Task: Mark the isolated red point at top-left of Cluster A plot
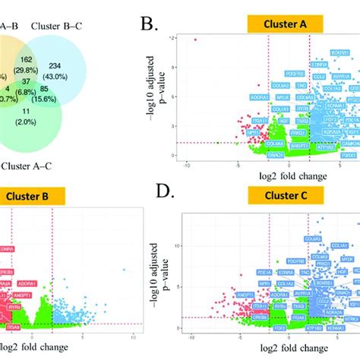pyautogui.click(x=196, y=39)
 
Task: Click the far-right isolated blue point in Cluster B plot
pyautogui.click(x=125, y=270)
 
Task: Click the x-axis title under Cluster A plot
pyautogui.click(x=281, y=176)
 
